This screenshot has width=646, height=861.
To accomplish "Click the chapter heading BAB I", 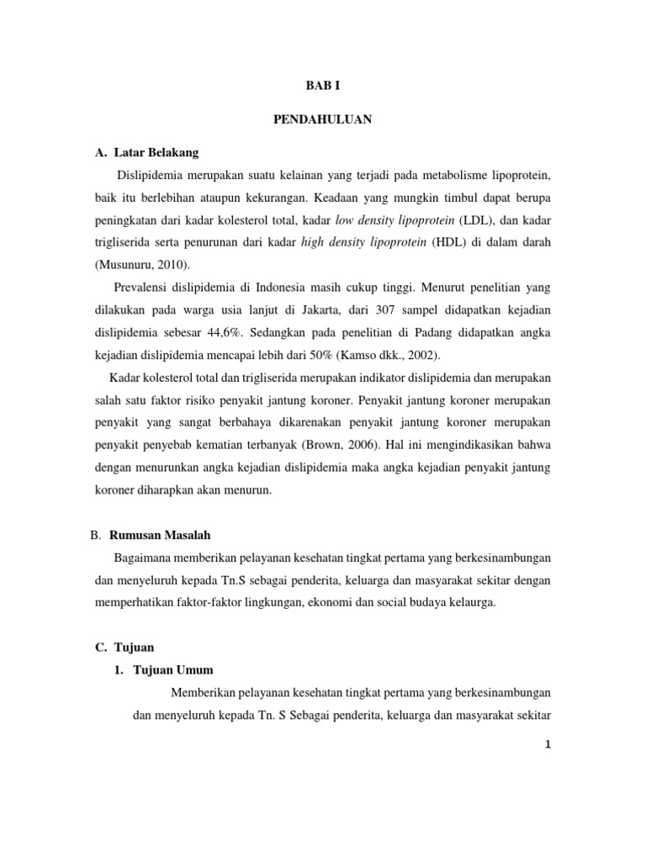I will point(323,85).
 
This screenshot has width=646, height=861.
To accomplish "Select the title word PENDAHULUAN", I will point(323,119).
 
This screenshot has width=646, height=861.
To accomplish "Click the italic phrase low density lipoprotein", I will point(395,219).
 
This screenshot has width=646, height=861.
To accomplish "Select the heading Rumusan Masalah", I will point(160,535).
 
